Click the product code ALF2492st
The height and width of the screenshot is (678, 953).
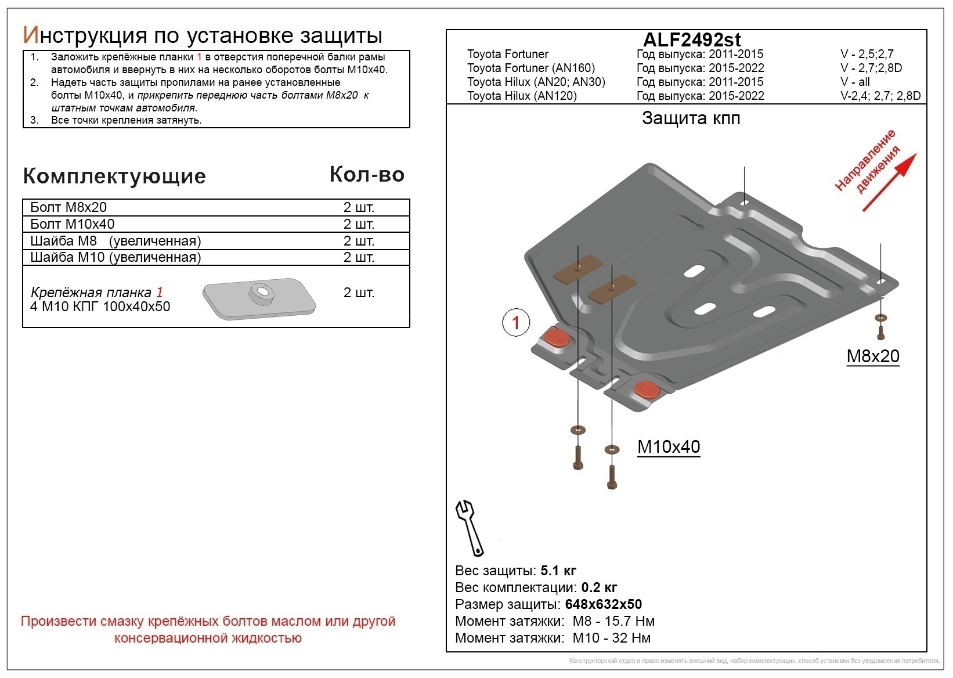coord(692,39)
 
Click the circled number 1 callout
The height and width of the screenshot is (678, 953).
coord(516,322)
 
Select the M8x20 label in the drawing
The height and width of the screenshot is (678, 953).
coord(872,356)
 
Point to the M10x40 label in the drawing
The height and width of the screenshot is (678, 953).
coord(669,446)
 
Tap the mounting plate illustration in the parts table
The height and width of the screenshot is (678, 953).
coord(259,297)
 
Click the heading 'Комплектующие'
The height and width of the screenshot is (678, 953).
coord(114,176)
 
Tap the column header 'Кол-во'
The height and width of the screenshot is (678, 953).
coord(367,174)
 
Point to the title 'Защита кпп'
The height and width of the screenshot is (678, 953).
coord(691,118)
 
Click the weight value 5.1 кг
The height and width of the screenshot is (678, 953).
coord(558,570)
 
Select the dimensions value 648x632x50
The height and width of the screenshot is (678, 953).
coord(603,604)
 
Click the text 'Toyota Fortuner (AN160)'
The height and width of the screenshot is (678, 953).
coord(531,68)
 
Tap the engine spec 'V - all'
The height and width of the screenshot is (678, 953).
coord(855,82)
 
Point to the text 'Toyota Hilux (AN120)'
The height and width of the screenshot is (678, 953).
coord(522,96)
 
